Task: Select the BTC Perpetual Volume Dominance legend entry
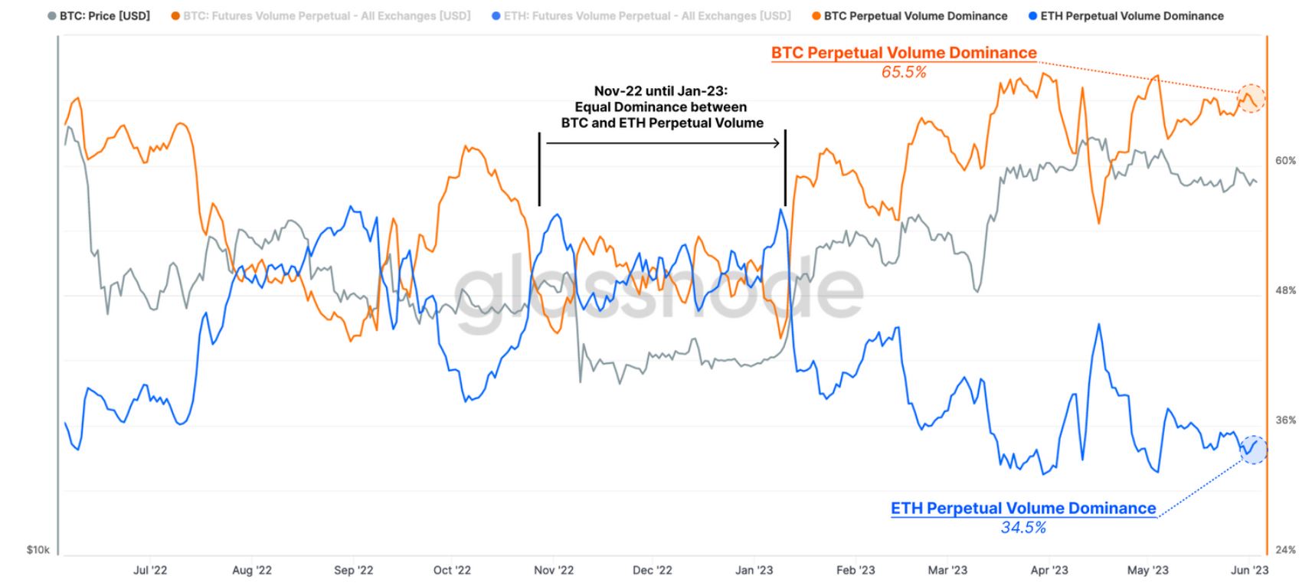915,16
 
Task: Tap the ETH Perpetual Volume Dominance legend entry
1131,16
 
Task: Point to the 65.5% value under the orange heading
904,73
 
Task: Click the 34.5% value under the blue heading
1023,528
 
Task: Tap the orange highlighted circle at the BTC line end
1251,98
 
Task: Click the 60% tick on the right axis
1285,161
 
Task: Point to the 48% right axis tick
1285,290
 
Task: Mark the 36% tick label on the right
1285,421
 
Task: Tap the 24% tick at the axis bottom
1285,550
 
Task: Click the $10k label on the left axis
38,550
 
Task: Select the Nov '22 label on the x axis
553,571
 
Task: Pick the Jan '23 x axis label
754,571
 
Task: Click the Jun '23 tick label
1249,571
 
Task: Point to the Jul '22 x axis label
150,571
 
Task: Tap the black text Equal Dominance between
661,107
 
